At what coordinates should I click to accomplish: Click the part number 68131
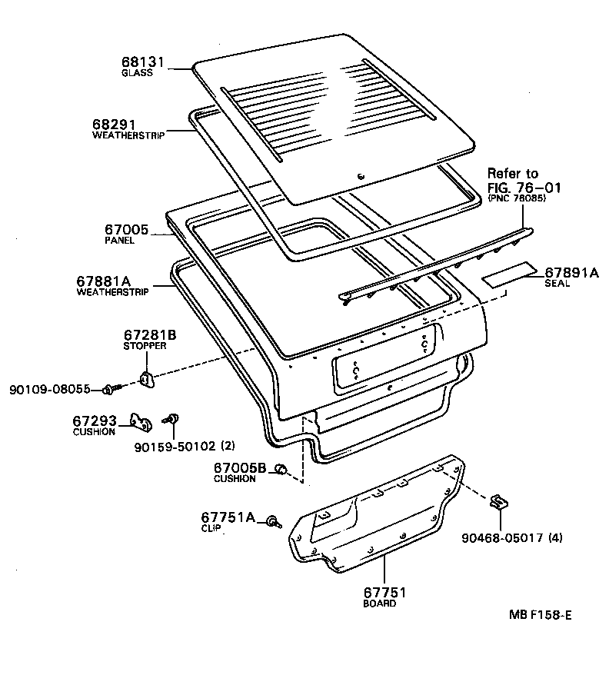(144, 62)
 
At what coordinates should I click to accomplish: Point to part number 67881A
(103, 281)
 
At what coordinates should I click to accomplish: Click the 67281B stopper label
(150, 335)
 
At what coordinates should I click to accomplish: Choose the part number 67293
(95, 421)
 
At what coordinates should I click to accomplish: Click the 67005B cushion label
(239, 467)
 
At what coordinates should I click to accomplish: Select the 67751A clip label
(227, 517)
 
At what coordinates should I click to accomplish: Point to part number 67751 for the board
(384, 593)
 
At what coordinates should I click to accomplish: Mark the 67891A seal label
(571, 272)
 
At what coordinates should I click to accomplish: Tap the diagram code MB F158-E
(541, 615)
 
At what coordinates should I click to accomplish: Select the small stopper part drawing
(145, 377)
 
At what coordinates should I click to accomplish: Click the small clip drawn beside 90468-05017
(499, 503)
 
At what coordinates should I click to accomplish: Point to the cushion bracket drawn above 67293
(140, 420)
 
